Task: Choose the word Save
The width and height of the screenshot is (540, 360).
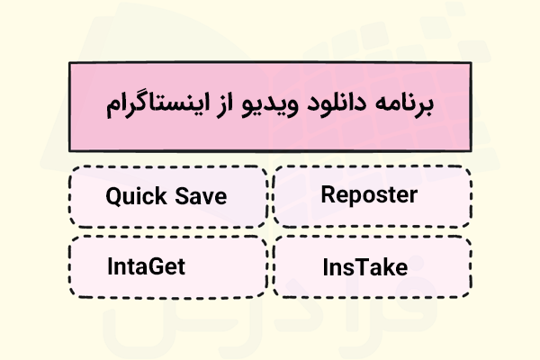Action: click(202, 195)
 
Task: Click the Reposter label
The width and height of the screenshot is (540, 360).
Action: click(369, 195)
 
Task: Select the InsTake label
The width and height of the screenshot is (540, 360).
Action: click(365, 266)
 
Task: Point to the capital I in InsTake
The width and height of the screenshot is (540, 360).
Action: click(326, 266)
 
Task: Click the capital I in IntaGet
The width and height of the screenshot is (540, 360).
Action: click(110, 266)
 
